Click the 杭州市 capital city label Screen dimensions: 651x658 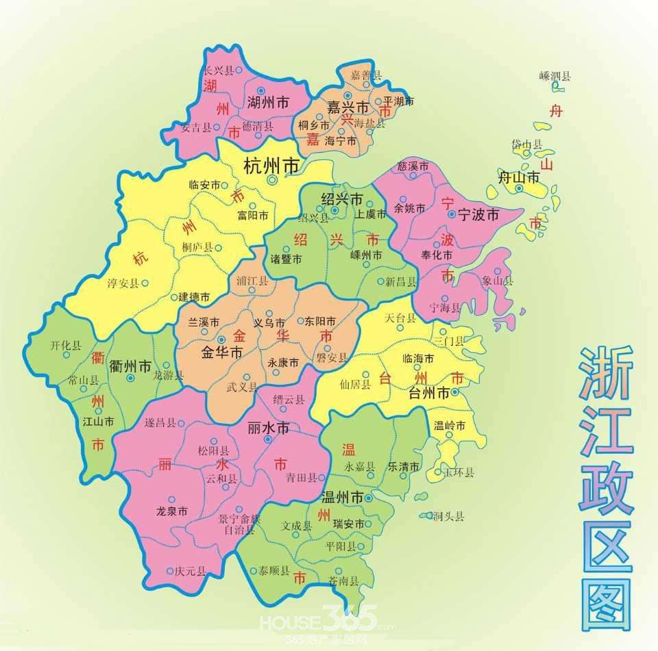click(272, 166)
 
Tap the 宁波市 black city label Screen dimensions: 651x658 click(480, 214)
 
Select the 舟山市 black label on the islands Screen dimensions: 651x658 click(518, 178)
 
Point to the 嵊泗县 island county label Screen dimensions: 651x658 click(555, 76)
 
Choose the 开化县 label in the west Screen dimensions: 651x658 click(65, 346)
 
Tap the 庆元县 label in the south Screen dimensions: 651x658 click(190, 571)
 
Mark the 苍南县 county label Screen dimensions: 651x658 click(343, 581)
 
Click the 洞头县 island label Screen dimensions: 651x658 click(449, 517)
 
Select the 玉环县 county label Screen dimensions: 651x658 click(459, 472)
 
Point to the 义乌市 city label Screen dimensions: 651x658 click(269, 322)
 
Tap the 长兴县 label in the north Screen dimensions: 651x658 click(219, 71)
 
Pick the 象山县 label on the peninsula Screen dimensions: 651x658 click(497, 281)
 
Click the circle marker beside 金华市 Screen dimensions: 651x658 click(221, 340)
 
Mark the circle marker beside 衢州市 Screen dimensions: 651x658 click(130, 378)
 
